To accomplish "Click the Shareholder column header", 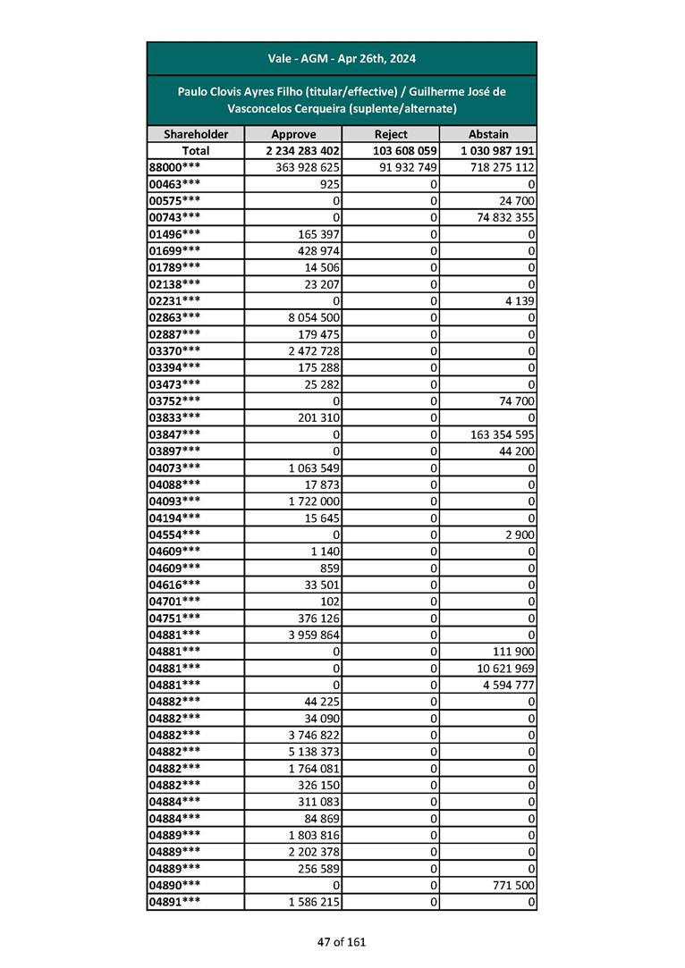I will tap(196, 134).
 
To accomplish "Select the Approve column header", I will tap(293, 134).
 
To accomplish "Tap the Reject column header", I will tap(391, 134).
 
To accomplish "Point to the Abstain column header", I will tap(488, 134).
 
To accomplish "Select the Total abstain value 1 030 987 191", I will tap(498, 151).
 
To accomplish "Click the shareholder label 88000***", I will tap(173, 167).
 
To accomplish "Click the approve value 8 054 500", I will tap(307, 317).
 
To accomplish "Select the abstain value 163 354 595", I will tap(497, 434).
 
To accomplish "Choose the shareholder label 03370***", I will tap(173, 351).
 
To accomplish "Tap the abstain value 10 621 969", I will tap(501, 669).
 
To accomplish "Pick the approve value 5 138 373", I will tap(307, 753).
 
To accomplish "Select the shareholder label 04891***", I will tap(173, 903).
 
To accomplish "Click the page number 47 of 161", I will tap(342, 941).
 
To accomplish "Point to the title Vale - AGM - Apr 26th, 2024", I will tap(342, 59).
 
